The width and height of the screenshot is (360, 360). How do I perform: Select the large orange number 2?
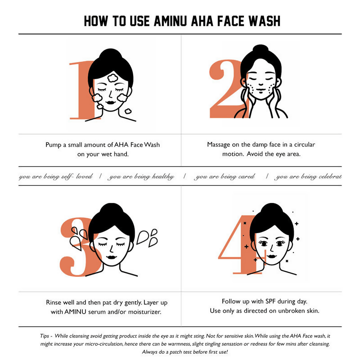pyautogui.click(x=226, y=89)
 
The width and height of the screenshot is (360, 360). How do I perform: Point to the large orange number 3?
pyautogui.click(x=78, y=248)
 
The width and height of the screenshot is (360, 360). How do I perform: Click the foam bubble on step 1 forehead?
pyautogui.click(x=113, y=78)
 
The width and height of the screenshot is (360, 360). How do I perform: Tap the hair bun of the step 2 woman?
pyautogui.click(x=260, y=49)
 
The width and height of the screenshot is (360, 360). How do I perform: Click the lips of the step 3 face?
pyautogui.click(x=112, y=257)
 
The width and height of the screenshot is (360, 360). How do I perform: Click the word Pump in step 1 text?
pyautogui.click(x=53, y=145)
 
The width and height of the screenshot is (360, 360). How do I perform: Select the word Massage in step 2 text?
pyautogui.click(x=219, y=145)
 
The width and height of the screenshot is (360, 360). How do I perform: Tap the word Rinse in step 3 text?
pyautogui.click(x=54, y=302)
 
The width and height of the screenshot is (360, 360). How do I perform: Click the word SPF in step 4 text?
pyautogui.click(x=271, y=301)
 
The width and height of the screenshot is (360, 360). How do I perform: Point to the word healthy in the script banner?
pyautogui.click(x=163, y=176)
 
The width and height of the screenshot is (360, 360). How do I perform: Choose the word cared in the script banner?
pyautogui.click(x=247, y=176)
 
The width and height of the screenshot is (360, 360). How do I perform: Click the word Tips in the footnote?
pyautogui.click(x=45, y=336)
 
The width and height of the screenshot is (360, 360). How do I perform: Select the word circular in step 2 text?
pyautogui.click(x=305, y=144)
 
